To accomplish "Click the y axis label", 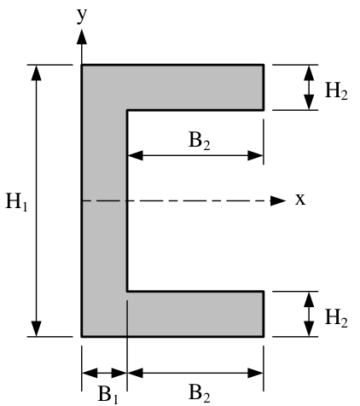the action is (x=82, y=16).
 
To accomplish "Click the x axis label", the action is (x=300, y=200).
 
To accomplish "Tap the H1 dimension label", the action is (x=17, y=201).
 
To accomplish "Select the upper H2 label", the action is (x=336, y=91).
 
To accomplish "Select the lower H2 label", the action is (x=336, y=318).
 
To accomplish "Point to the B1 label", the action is (x=107, y=394).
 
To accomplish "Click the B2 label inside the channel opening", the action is (x=200, y=141).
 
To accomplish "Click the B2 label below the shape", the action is (x=200, y=393).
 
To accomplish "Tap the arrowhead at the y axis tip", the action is (x=82, y=37).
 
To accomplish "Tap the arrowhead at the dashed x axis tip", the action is (x=278, y=200).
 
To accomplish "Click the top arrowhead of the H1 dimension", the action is (x=37, y=72).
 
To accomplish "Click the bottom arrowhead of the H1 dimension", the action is (x=37, y=328).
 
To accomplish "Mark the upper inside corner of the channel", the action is (x=127, y=110).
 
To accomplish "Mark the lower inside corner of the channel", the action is (x=127, y=291).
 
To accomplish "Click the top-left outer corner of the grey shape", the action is (x=82, y=66).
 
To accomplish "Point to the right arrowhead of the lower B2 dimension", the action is (x=255, y=373).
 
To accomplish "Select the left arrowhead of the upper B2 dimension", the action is (x=136, y=155).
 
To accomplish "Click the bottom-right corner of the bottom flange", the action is (x=264, y=337).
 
